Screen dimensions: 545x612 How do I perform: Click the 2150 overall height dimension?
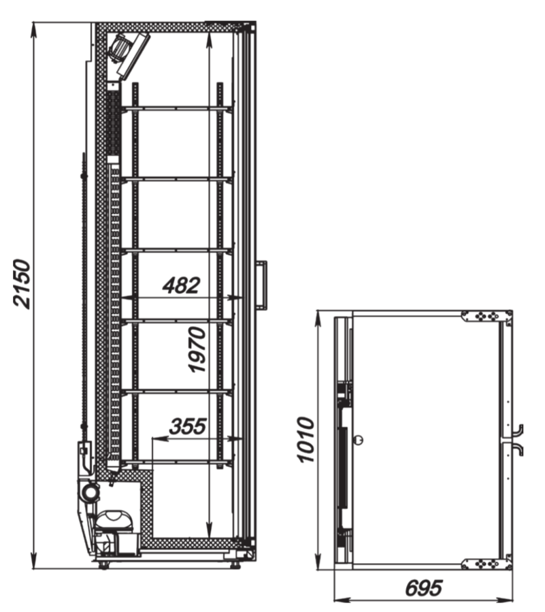tap(22, 283)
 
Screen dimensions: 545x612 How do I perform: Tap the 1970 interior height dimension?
tap(197, 350)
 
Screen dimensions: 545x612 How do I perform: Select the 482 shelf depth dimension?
tap(182, 285)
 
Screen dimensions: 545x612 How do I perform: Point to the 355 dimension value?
tap(188, 426)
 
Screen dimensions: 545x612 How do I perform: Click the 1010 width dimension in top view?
tap(305, 440)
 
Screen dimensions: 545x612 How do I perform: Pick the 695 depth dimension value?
tap(424, 587)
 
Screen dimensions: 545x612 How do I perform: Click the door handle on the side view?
tap(262, 285)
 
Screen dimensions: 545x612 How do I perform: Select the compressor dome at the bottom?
tap(115, 520)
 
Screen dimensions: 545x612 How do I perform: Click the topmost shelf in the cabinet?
tap(178, 108)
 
